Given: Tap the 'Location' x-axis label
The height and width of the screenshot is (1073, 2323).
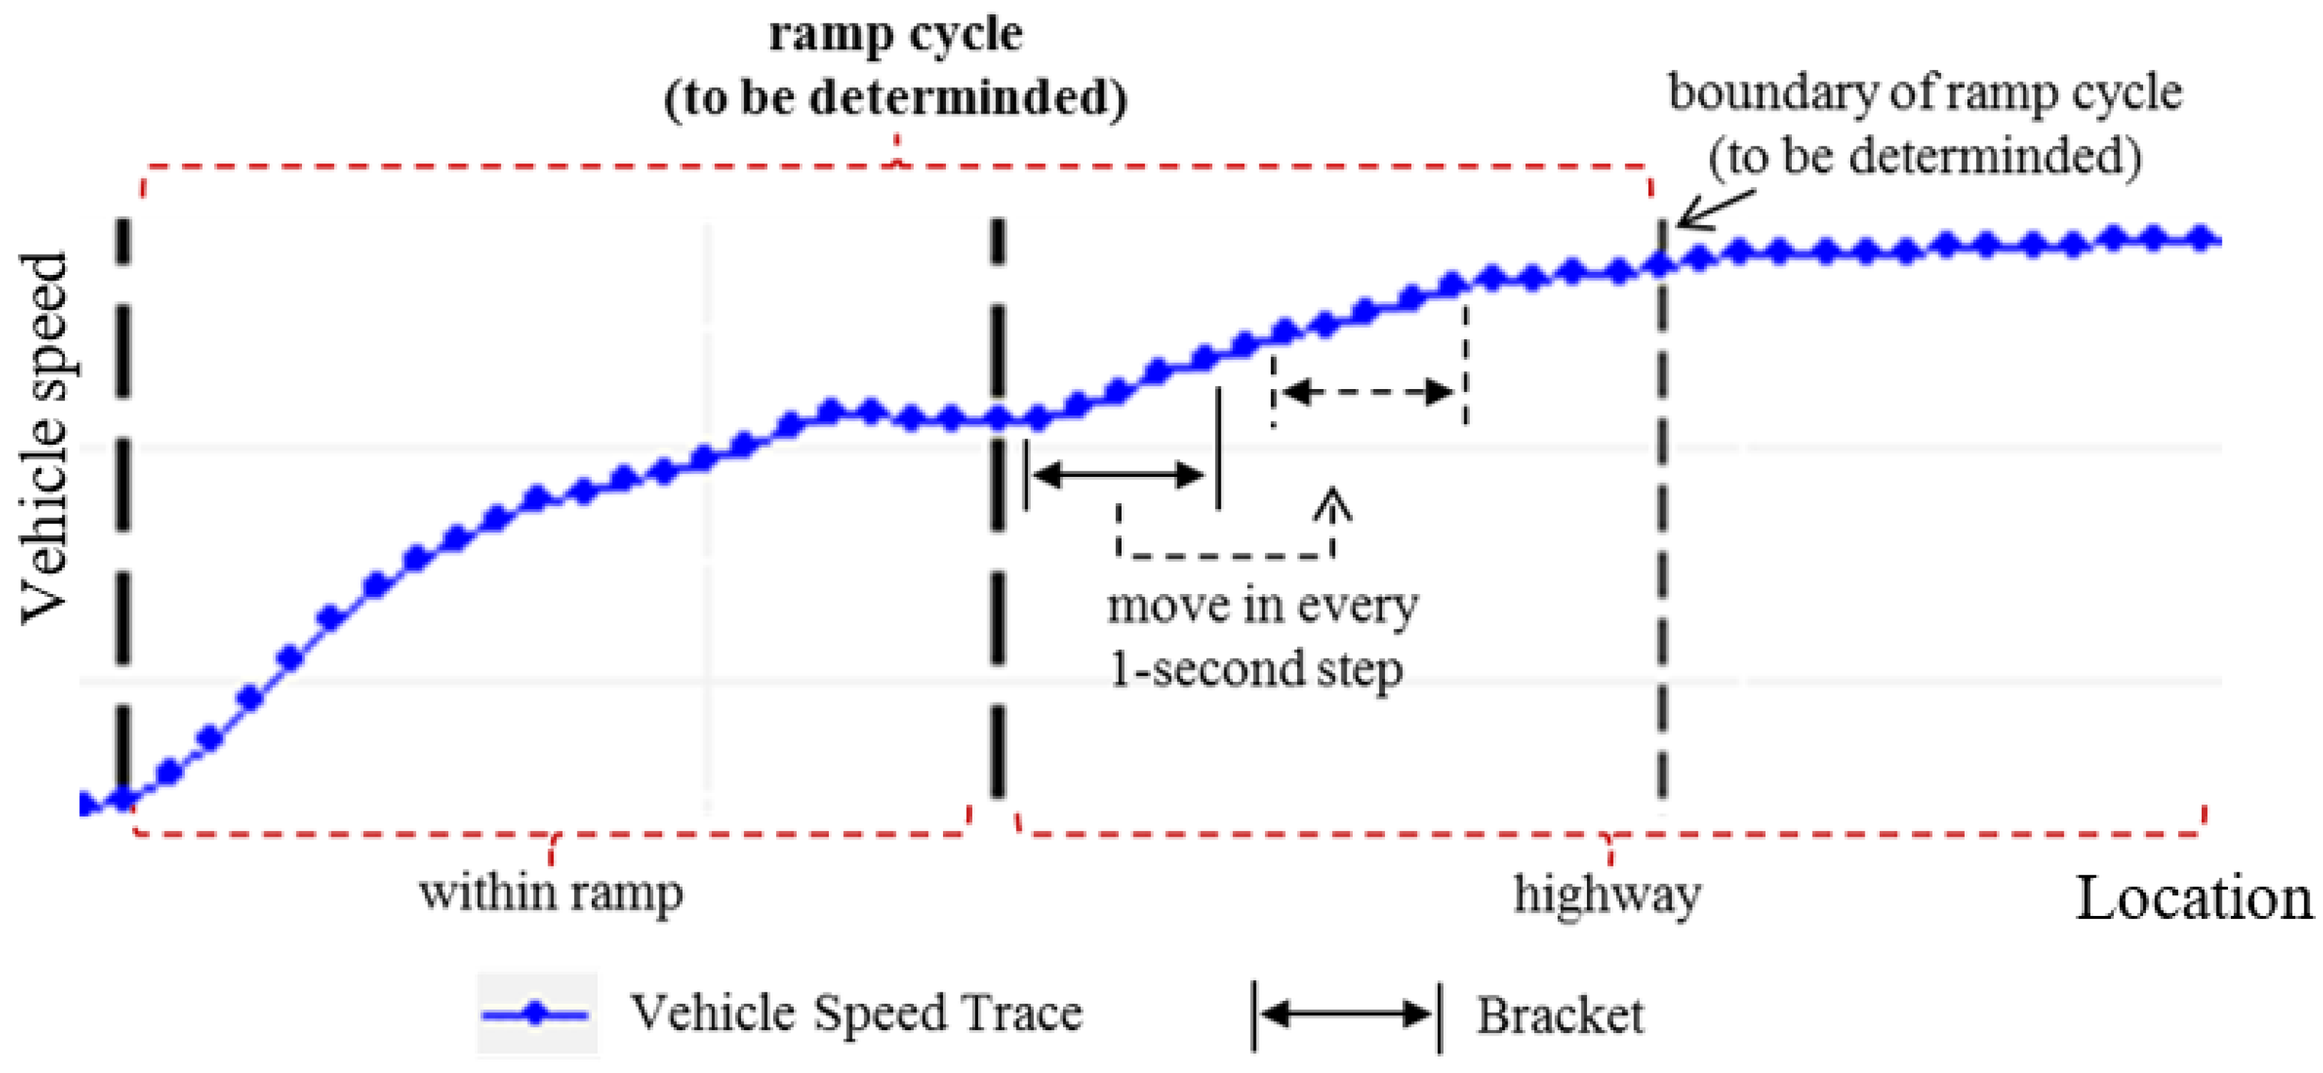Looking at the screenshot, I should pos(2193,899).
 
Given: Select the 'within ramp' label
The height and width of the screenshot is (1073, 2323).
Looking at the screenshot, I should pos(551,892).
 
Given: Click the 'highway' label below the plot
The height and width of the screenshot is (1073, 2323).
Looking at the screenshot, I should pos(1607,895).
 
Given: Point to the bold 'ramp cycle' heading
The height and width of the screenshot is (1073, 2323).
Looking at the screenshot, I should pos(895,34).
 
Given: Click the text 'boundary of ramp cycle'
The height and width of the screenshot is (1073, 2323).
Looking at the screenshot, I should pos(1925,92).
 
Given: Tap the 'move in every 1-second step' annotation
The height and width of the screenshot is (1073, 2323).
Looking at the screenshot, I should pos(1261,637).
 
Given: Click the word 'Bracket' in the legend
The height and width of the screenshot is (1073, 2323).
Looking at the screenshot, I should pos(1559,1015).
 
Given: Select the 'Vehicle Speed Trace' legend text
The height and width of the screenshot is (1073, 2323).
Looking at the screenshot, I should pos(856,1012).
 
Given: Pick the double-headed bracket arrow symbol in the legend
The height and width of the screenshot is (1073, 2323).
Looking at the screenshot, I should pos(1346,1015).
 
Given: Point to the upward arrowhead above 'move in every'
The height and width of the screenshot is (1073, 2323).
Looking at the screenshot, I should pos(1333,503).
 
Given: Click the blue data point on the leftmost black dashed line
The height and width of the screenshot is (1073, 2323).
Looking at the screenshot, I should pos(124,799).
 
